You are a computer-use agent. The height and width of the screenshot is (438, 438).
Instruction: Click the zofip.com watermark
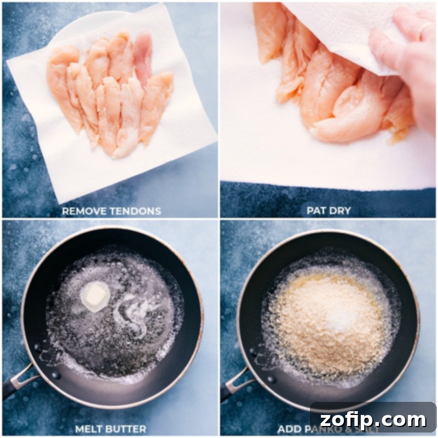click(x=373, y=420)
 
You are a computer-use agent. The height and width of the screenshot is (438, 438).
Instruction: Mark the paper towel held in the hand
click(x=339, y=33)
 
